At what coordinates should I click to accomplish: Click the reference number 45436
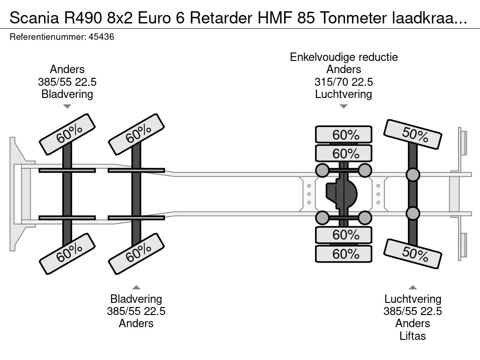(101, 37)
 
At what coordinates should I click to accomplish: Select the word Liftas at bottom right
(412, 336)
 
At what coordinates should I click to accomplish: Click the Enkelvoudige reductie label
(344, 57)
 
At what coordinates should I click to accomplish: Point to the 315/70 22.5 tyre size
(344, 82)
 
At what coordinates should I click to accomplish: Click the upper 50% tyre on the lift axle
(413, 134)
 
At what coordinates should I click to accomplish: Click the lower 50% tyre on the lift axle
(413, 253)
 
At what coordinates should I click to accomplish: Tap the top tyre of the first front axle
(67, 134)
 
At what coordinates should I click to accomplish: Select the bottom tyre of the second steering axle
(136, 254)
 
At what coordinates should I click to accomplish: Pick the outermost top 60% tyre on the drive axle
(344, 135)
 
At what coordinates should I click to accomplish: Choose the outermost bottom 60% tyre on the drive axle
(344, 254)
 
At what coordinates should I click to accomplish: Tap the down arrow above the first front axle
(67, 106)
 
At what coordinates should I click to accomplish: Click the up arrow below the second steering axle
(136, 287)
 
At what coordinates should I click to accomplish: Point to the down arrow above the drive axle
(344, 106)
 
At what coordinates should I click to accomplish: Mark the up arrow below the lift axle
(412, 287)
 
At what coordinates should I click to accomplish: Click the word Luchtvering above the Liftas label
(412, 299)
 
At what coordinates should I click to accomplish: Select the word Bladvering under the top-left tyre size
(67, 94)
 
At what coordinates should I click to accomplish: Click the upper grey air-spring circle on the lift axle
(412, 175)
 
